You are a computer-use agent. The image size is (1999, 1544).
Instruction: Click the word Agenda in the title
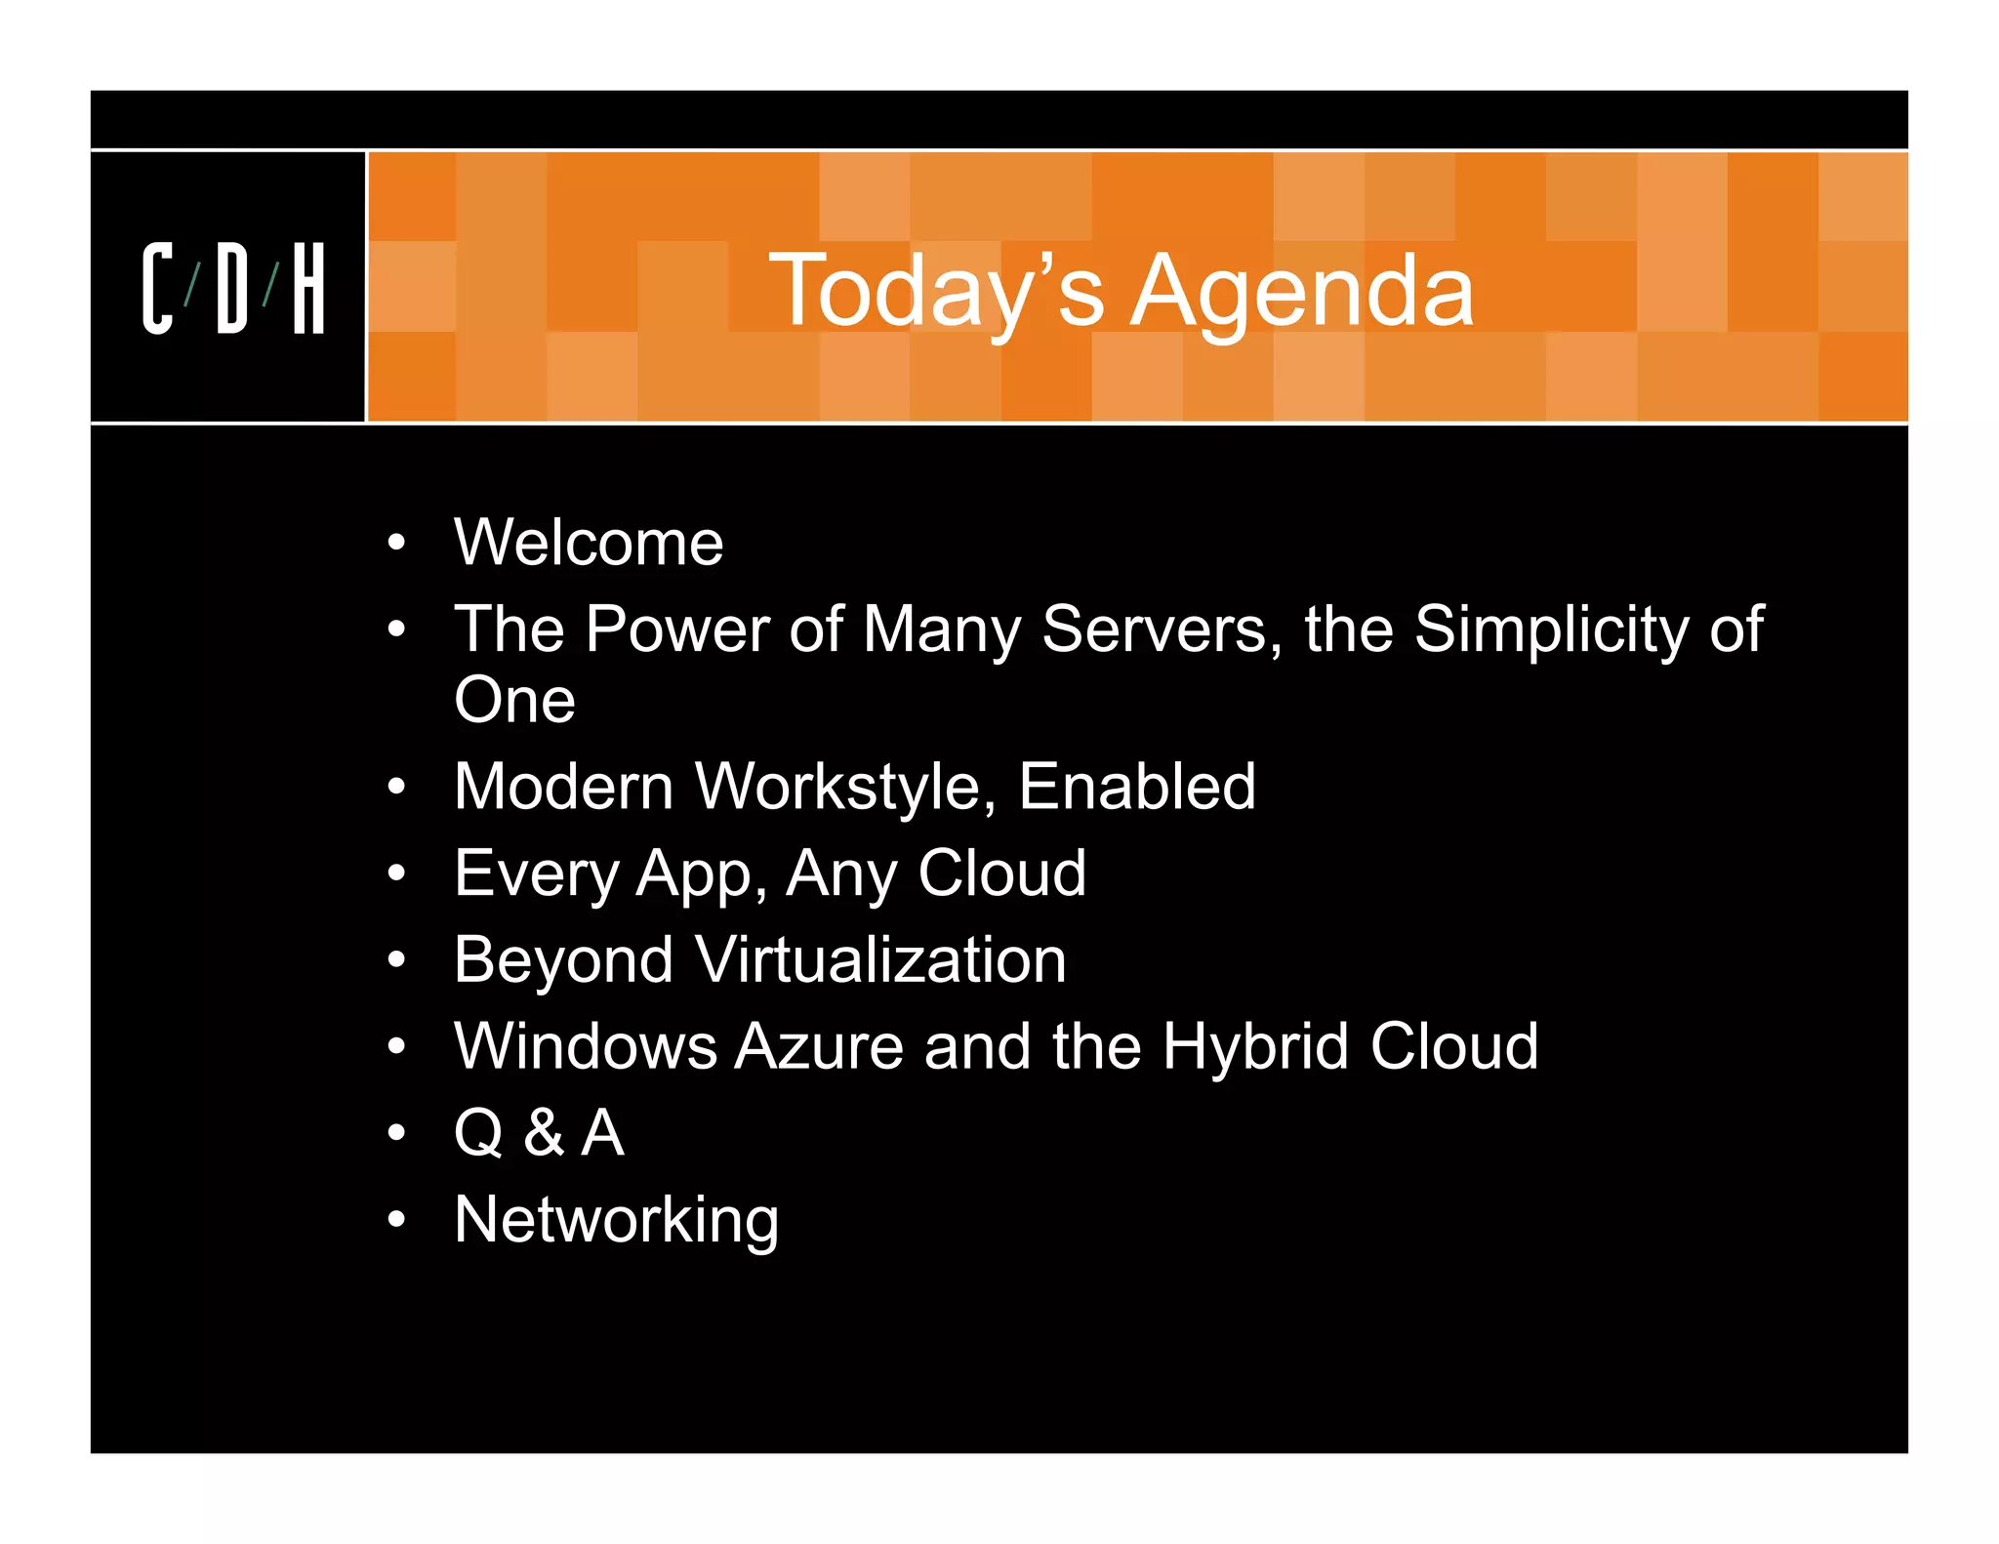[1301, 291]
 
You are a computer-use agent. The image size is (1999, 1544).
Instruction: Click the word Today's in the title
[936, 291]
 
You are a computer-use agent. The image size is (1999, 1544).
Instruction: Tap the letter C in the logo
[157, 289]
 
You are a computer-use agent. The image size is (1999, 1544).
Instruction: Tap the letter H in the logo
[308, 289]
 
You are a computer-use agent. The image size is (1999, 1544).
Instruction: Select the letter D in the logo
[232, 289]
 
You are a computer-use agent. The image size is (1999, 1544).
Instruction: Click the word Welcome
[589, 543]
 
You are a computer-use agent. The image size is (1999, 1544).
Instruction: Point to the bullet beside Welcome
[395, 543]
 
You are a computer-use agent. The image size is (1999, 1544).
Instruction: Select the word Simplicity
[1551, 629]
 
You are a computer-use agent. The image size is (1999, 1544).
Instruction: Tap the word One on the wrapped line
[514, 701]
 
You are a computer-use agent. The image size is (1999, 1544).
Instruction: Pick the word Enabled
[1137, 787]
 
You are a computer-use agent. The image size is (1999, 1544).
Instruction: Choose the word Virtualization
[881, 959]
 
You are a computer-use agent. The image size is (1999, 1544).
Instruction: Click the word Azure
[819, 1046]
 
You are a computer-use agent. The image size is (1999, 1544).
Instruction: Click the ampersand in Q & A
[544, 1133]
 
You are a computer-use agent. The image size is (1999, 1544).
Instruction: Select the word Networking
[617, 1220]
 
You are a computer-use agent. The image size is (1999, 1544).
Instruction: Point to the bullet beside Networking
[395, 1220]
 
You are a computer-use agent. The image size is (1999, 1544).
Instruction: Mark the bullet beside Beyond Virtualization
[395, 960]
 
